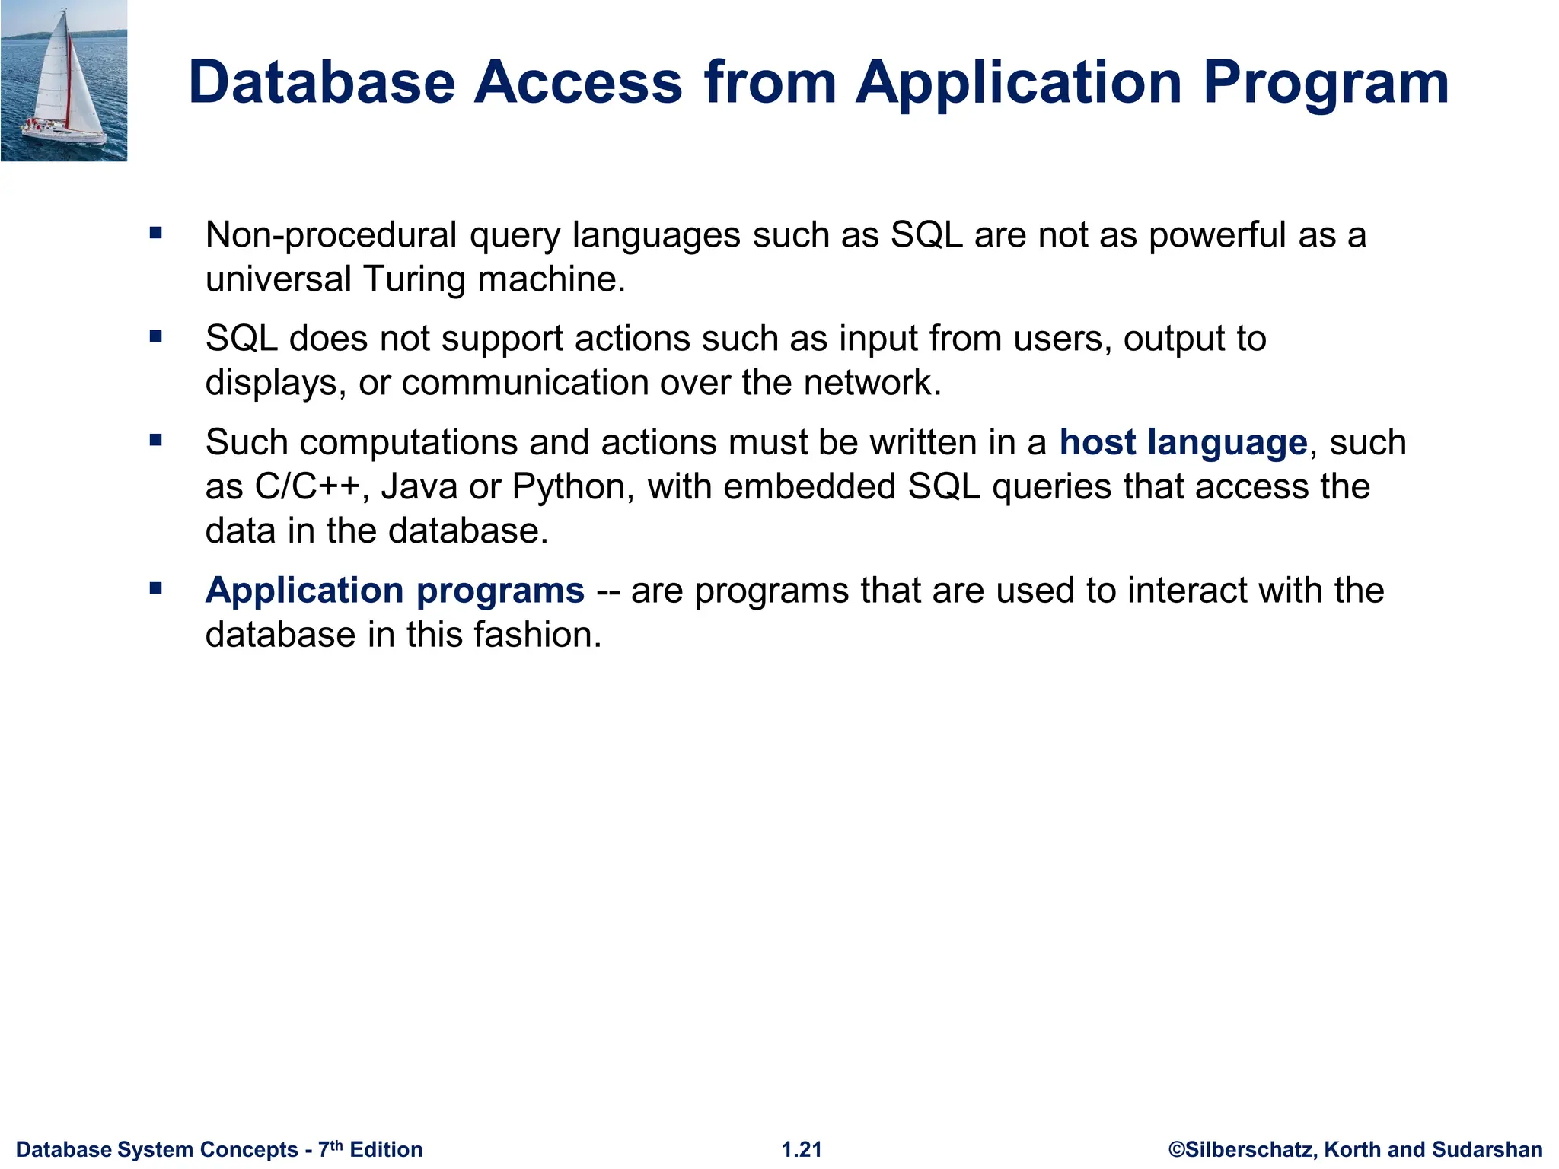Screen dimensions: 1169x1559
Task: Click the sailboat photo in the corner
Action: coord(64,81)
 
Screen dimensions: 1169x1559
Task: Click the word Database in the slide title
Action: coord(321,82)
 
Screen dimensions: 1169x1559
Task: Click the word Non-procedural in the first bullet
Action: coord(330,235)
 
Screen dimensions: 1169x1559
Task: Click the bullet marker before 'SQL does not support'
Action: coord(156,336)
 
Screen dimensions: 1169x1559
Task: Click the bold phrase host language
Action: coord(1183,442)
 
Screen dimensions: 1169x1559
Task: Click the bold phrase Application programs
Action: coord(394,591)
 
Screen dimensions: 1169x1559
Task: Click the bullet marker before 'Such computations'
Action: coord(156,440)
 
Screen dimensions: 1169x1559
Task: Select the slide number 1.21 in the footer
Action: coord(802,1149)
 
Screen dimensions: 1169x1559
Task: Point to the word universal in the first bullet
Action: coord(278,279)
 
